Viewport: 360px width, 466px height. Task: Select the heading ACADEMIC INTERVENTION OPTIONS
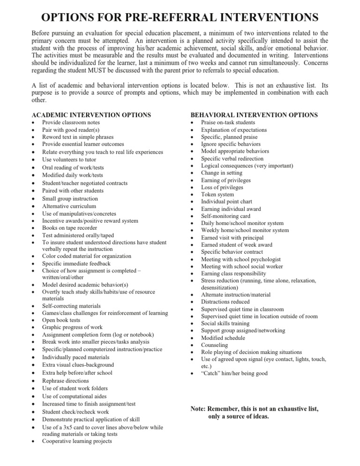point(91,114)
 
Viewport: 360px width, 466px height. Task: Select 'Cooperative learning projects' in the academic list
point(80,441)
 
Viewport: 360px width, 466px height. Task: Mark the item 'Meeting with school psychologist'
point(240,259)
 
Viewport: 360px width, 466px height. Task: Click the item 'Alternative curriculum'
point(69,206)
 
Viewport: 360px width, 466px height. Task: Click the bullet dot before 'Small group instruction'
point(32,199)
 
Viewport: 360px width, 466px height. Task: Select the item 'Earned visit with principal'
point(233,238)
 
